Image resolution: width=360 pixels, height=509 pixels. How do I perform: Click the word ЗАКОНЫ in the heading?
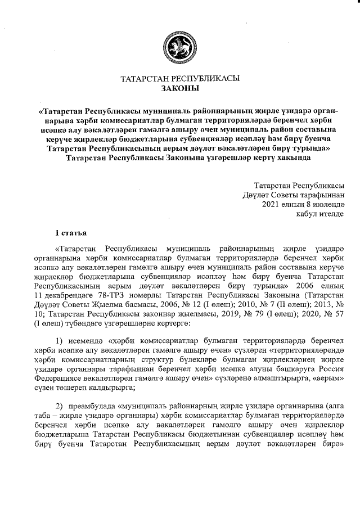[x=180, y=88]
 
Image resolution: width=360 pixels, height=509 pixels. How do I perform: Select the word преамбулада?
[x=98, y=406]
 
